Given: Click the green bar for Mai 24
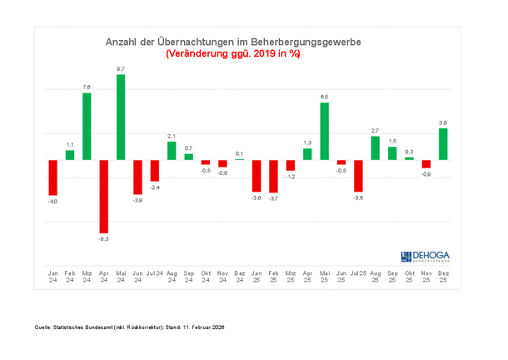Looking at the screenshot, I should (121, 117).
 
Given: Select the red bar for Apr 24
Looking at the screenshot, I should (104, 196).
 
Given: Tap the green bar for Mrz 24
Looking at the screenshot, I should (87, 126).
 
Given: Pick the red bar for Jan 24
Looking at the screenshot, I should (52, 177).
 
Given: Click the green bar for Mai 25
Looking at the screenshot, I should (324, 131).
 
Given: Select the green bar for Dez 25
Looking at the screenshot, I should (443, 143).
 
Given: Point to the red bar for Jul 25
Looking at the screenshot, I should (358, 176).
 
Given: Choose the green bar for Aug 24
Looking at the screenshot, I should (172, 151).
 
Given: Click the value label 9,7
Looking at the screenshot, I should (121, 68).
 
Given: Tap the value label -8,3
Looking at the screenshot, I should (104, 239).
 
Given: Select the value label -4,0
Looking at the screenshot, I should (52, 201).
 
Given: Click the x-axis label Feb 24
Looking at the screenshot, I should (70, 276).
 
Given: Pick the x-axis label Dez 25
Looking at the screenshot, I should (443, 276).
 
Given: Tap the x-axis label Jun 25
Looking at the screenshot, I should (341, 276).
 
